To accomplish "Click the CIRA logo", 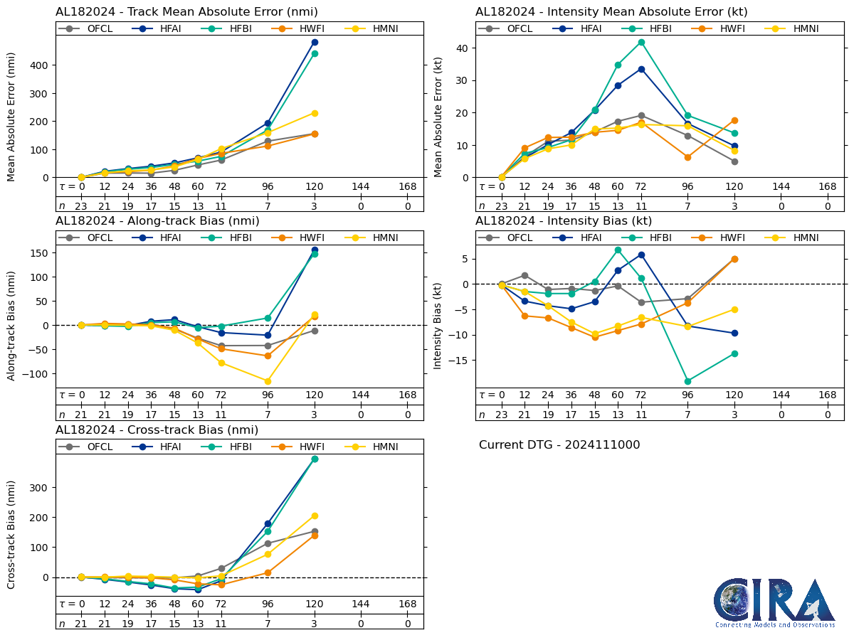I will pos(774,602).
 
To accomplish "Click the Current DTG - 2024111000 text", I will pos(559,445).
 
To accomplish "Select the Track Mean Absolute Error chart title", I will pos(186,12).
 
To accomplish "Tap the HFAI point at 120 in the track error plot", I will pos(315,43).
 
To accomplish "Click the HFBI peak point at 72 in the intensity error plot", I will pos(641,42).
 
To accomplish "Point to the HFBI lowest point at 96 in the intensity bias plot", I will pos(687,381).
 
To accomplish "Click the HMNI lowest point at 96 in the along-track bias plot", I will pos(268,381).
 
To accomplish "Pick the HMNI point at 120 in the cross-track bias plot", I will pos(315,516).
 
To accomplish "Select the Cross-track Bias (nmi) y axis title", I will pos(12,535).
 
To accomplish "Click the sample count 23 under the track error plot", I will pos(81,206).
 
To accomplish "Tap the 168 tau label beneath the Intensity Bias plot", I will pos(827,395).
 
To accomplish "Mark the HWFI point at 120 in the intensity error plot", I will pos(734,120).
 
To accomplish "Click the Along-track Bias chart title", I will pos(157,221).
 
